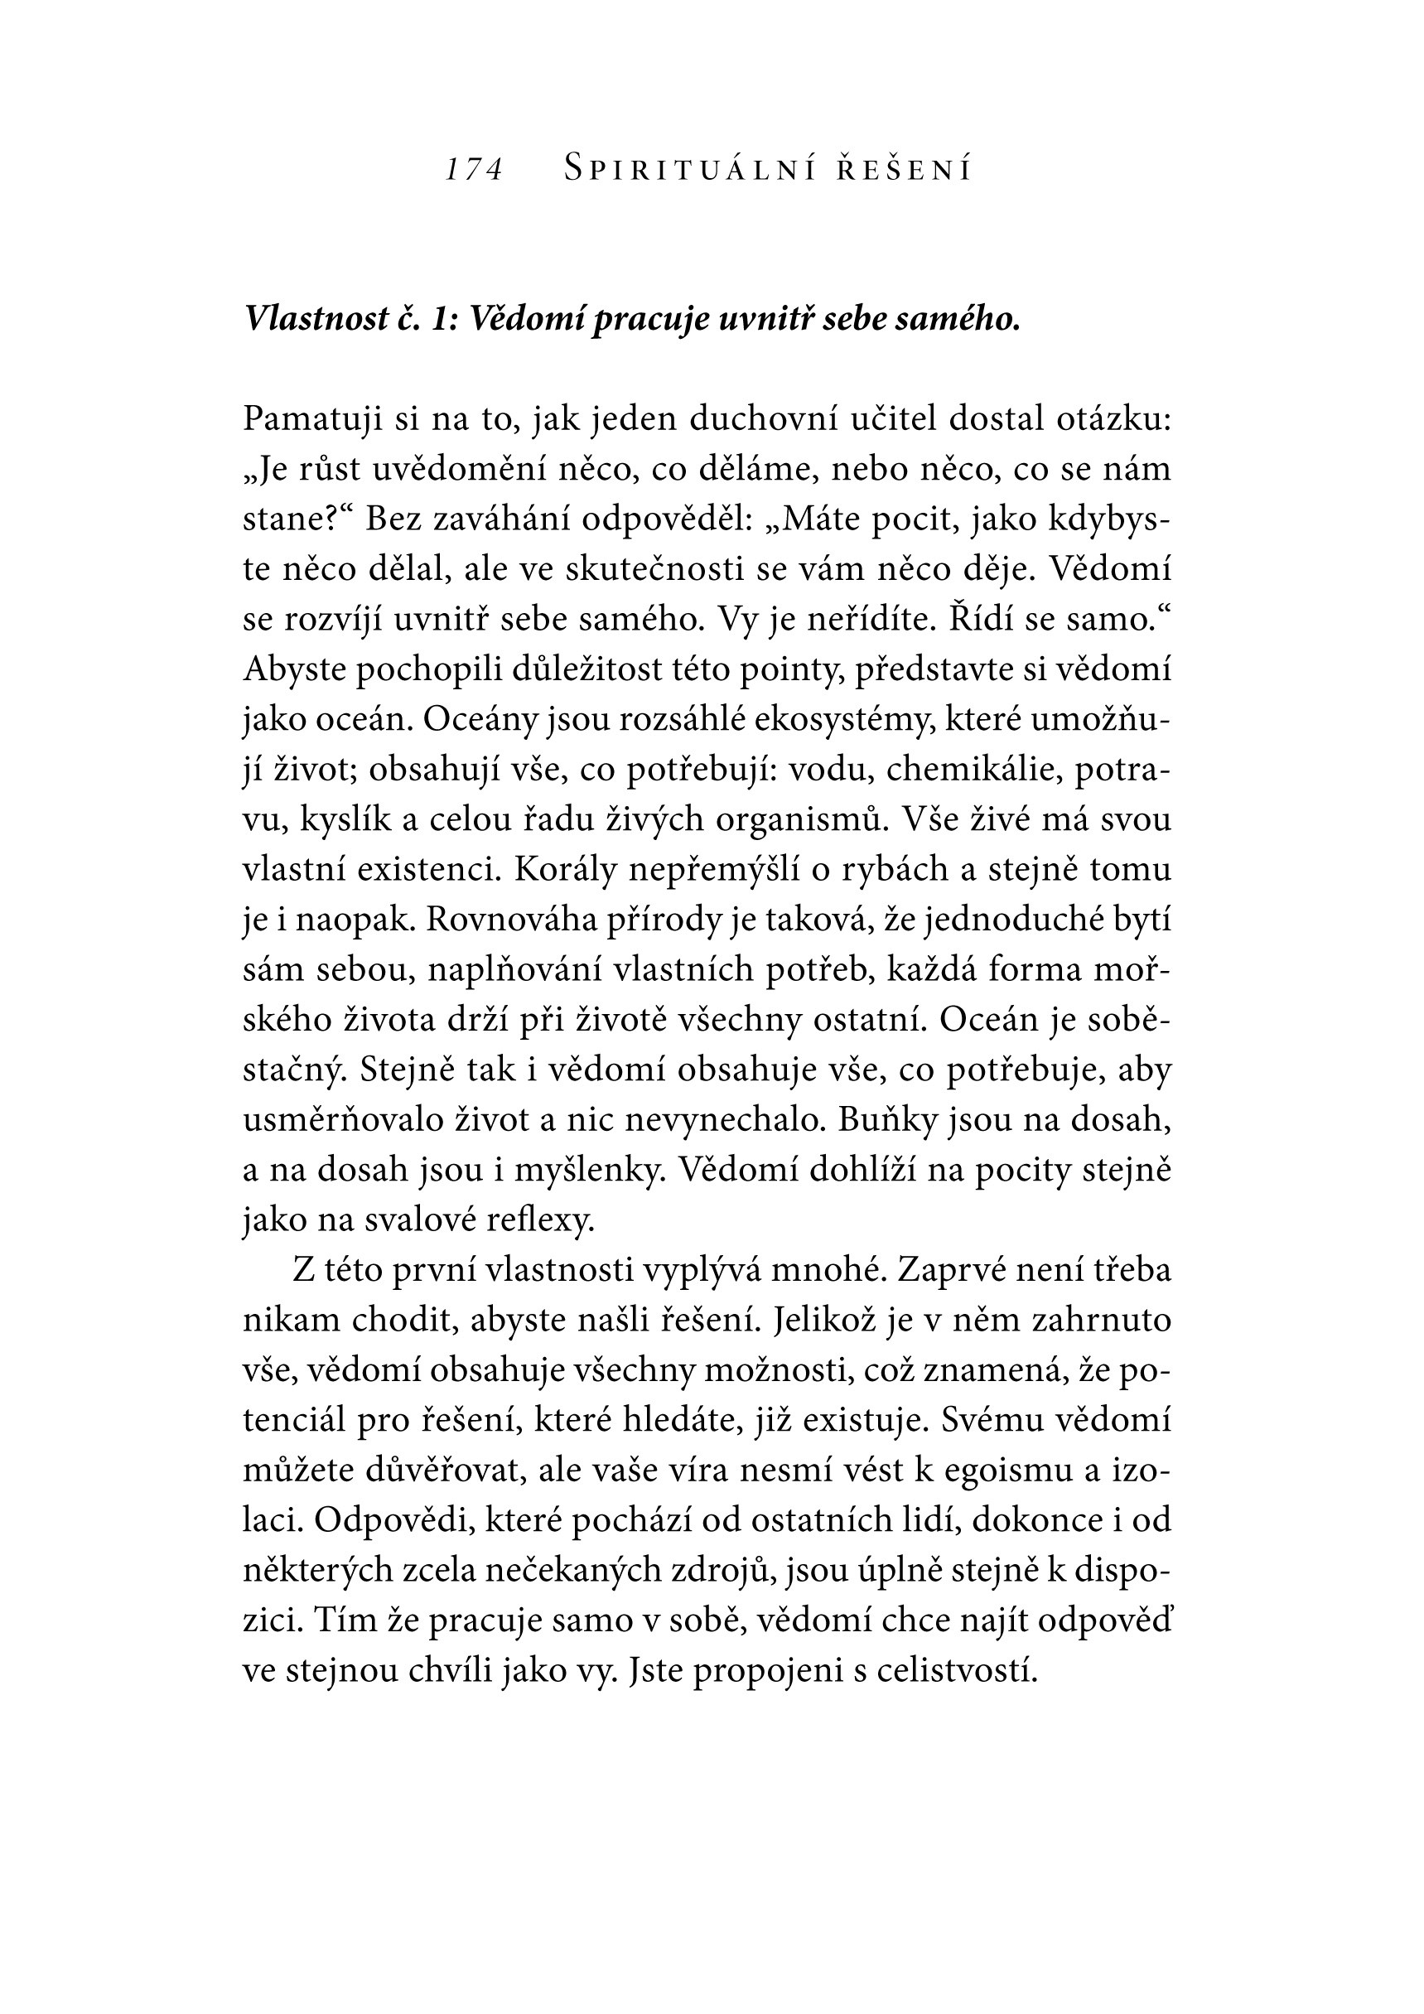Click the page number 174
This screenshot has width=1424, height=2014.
pos(474,168)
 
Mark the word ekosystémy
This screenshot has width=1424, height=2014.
pos(843,720)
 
